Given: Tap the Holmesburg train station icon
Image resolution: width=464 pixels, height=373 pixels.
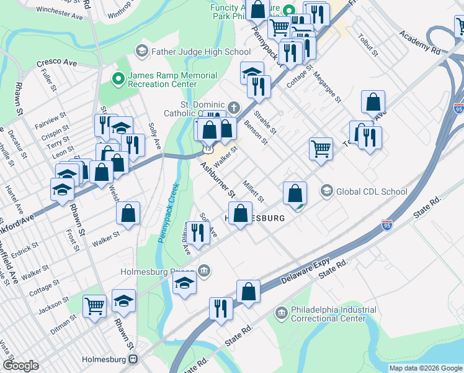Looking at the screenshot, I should click(133, 359).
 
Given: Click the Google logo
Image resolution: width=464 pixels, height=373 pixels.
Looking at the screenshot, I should click(21, 366).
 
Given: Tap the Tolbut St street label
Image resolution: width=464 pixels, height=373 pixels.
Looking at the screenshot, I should click(367, 47).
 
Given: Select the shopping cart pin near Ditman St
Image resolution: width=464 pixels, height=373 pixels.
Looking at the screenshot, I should click(94, 305).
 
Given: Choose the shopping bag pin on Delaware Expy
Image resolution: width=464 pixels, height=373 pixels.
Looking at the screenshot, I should click(248, 292).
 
